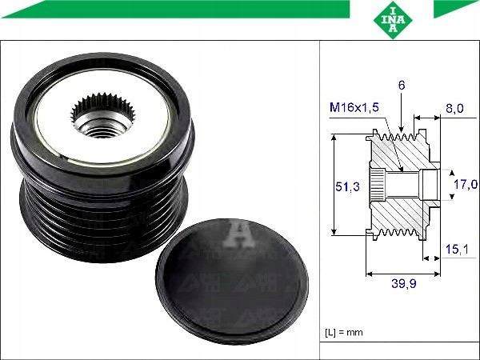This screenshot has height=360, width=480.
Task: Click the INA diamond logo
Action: [393, 20]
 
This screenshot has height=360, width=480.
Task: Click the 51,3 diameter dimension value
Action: [347, 186]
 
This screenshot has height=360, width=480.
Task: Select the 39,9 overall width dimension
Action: [404, 284]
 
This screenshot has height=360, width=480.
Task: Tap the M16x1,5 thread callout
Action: [354, 107]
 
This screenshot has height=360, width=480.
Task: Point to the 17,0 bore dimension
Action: [466, 184]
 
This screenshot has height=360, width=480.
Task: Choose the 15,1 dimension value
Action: [457, 249]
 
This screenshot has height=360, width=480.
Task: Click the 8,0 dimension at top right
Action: [454, 108]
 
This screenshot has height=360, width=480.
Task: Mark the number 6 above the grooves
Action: [402, 85]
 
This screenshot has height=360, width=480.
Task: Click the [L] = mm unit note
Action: [344, 332]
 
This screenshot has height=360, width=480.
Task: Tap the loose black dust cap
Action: [232, 282]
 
